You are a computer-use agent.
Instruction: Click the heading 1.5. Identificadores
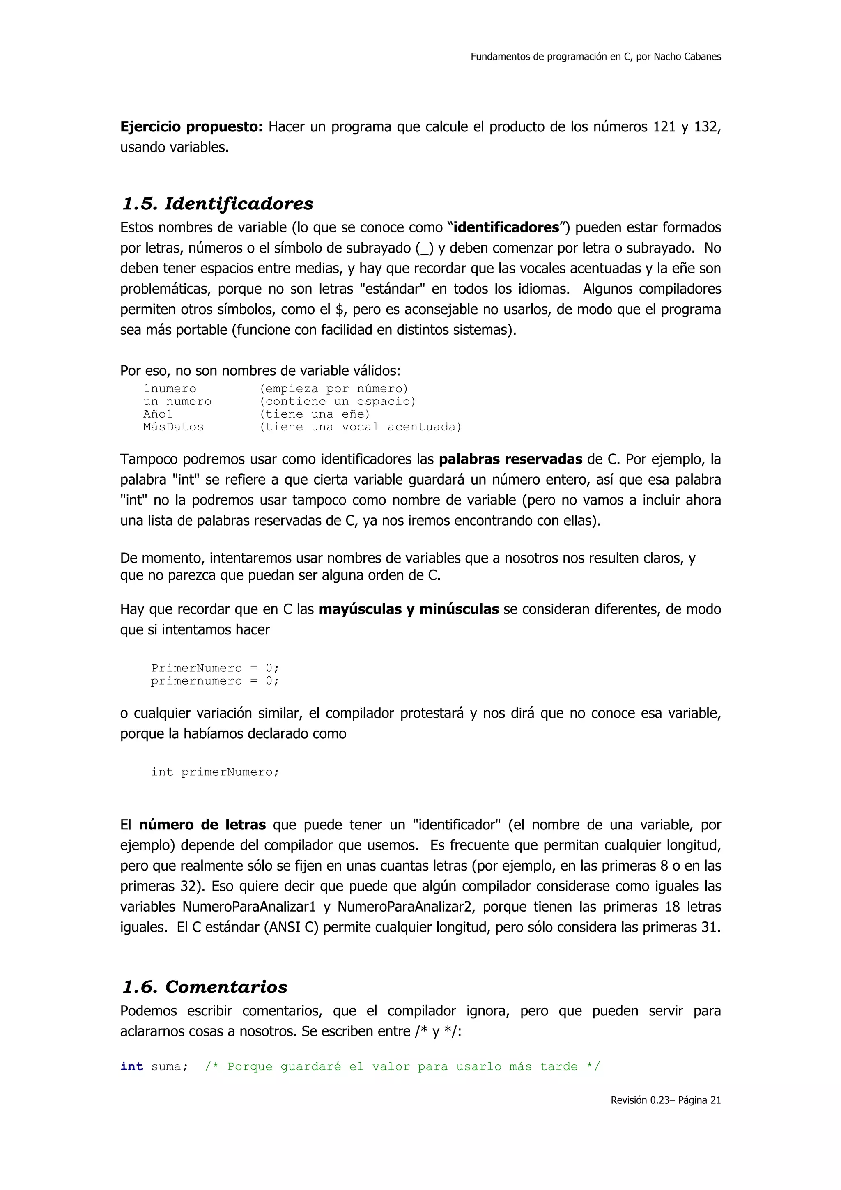coord(218,204)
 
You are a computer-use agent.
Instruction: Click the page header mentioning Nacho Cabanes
coord(595,57)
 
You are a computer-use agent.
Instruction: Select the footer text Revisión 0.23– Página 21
coord(665,1100)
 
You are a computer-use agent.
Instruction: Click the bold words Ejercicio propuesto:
coord(192,127)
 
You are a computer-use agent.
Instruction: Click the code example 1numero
coord(170,389)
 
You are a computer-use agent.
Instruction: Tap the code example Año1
coord(158,414)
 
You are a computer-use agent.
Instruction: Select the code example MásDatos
coord(173,427)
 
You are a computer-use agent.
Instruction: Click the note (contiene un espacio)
coord(337,402)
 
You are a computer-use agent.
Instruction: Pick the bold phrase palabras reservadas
coord(510,460)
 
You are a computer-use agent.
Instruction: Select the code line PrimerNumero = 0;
coord(214,668)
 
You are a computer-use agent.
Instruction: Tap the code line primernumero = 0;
coord(214,681)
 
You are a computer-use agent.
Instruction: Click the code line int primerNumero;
coord(214,772)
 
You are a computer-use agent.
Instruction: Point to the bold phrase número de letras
coord(202,825)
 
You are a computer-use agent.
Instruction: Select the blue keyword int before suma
coord(132,1067)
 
